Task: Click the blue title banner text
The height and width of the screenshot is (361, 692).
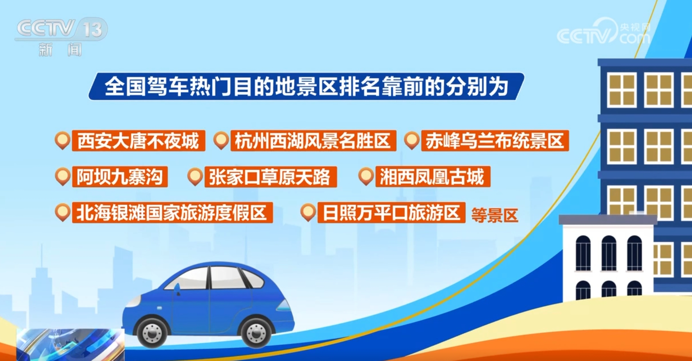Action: click(x=306, y=87)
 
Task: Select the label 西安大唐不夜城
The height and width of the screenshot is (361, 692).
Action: click(x=139, y=141)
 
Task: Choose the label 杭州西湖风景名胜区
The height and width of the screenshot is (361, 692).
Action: click(x=313, y=141)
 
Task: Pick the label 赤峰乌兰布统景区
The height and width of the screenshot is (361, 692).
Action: click(x=495, y=141)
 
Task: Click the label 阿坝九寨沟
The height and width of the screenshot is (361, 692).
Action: click(x=120, y=177)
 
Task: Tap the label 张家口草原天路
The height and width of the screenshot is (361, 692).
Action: click(x=270, y=177)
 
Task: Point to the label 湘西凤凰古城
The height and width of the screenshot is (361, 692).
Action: click(x=433, y=177)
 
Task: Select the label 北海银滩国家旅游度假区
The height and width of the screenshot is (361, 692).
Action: click(x=172, y=212)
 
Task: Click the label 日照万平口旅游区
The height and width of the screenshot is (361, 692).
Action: click(x=391, y=212)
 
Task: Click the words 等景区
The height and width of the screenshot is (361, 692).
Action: click(x=495, y=215)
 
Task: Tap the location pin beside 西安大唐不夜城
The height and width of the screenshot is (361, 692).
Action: click(x=62, y=140)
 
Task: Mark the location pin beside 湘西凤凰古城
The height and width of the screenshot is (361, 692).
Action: click(x=366, y=176)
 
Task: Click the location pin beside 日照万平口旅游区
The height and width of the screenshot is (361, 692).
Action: click(x=308, y=212)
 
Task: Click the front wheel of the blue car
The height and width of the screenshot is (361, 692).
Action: click(x=152, y=332)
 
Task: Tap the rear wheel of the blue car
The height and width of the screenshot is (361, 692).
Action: click(x=256, y=332)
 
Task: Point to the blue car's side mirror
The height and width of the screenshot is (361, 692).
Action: click(x=177, y=289)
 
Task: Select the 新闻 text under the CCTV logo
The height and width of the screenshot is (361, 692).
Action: click(x=60, y=50)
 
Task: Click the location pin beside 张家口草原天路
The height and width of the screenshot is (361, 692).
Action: click(x=195, y=176)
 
